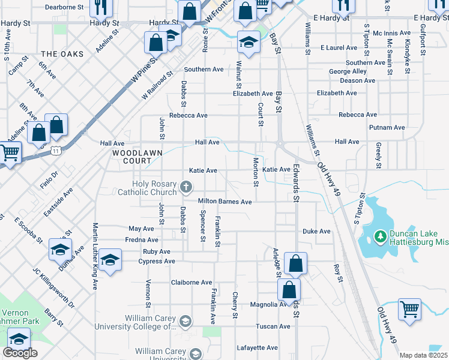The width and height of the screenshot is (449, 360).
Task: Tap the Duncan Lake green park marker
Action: coord(379,237)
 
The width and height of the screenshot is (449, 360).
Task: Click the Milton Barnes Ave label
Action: coord(225,202)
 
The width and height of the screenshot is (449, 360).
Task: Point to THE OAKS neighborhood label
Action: coord(62,54)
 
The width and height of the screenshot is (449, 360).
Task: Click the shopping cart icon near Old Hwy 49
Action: coord(409,310)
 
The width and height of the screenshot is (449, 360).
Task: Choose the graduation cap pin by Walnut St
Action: coord(247,43)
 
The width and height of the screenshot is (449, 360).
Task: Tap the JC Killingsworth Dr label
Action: coord(53,288)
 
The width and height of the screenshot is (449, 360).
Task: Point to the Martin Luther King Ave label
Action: coord(95,256)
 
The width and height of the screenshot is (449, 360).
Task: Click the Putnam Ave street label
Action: coord(388,127)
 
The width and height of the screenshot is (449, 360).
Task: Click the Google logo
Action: coord(20,353)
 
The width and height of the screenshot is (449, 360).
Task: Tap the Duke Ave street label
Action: coord(316,231)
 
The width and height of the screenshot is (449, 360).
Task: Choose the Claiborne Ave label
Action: coord(191,282)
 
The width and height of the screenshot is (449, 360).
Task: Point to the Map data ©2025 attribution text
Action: coord(424,355)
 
